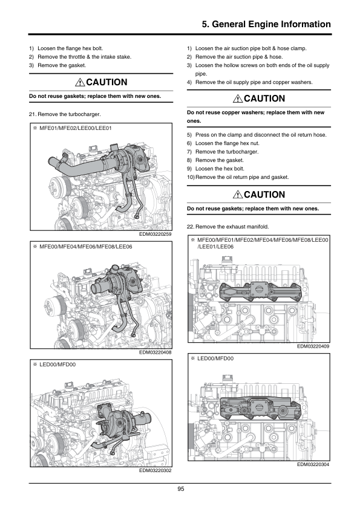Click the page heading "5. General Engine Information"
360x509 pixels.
266,24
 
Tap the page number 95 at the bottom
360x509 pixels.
181,489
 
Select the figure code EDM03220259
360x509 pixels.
155,234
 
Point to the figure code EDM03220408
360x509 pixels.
155,352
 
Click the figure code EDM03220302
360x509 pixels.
155,470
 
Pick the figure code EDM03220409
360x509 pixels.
313,346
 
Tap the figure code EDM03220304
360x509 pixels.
313,464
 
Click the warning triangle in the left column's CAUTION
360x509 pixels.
80,82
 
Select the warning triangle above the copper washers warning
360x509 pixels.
238,99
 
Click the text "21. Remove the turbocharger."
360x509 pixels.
65,114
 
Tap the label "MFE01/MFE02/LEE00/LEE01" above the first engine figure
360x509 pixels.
76,128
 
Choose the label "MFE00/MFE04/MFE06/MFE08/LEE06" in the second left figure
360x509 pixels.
86,247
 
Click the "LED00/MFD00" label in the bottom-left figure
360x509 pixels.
57,365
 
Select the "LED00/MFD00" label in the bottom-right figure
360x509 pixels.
215,358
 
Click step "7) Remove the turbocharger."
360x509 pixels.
223,152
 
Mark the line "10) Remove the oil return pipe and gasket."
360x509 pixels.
238,177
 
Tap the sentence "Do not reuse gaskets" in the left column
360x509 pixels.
95,96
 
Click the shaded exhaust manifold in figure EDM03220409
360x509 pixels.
260,291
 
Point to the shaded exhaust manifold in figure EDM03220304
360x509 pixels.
261,409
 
